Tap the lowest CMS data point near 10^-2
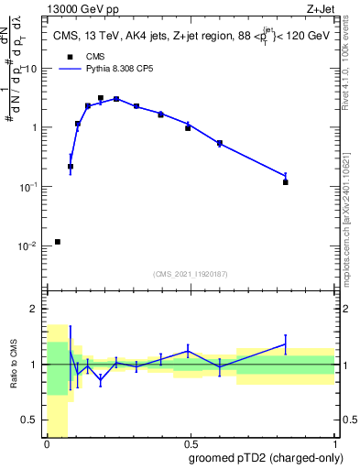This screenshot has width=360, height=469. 58,242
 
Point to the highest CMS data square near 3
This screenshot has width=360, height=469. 101,98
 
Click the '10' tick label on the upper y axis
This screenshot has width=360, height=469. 31,69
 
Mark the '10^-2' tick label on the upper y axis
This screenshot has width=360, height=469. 27,246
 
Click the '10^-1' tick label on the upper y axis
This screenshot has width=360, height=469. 27,187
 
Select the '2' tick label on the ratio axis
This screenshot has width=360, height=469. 36,309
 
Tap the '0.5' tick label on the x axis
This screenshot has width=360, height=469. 191,444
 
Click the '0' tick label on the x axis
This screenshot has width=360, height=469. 47,444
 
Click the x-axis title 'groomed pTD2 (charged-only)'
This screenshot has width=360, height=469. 267,458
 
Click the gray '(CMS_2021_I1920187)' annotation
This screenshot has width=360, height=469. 191,273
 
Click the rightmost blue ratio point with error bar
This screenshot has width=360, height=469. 286,344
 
